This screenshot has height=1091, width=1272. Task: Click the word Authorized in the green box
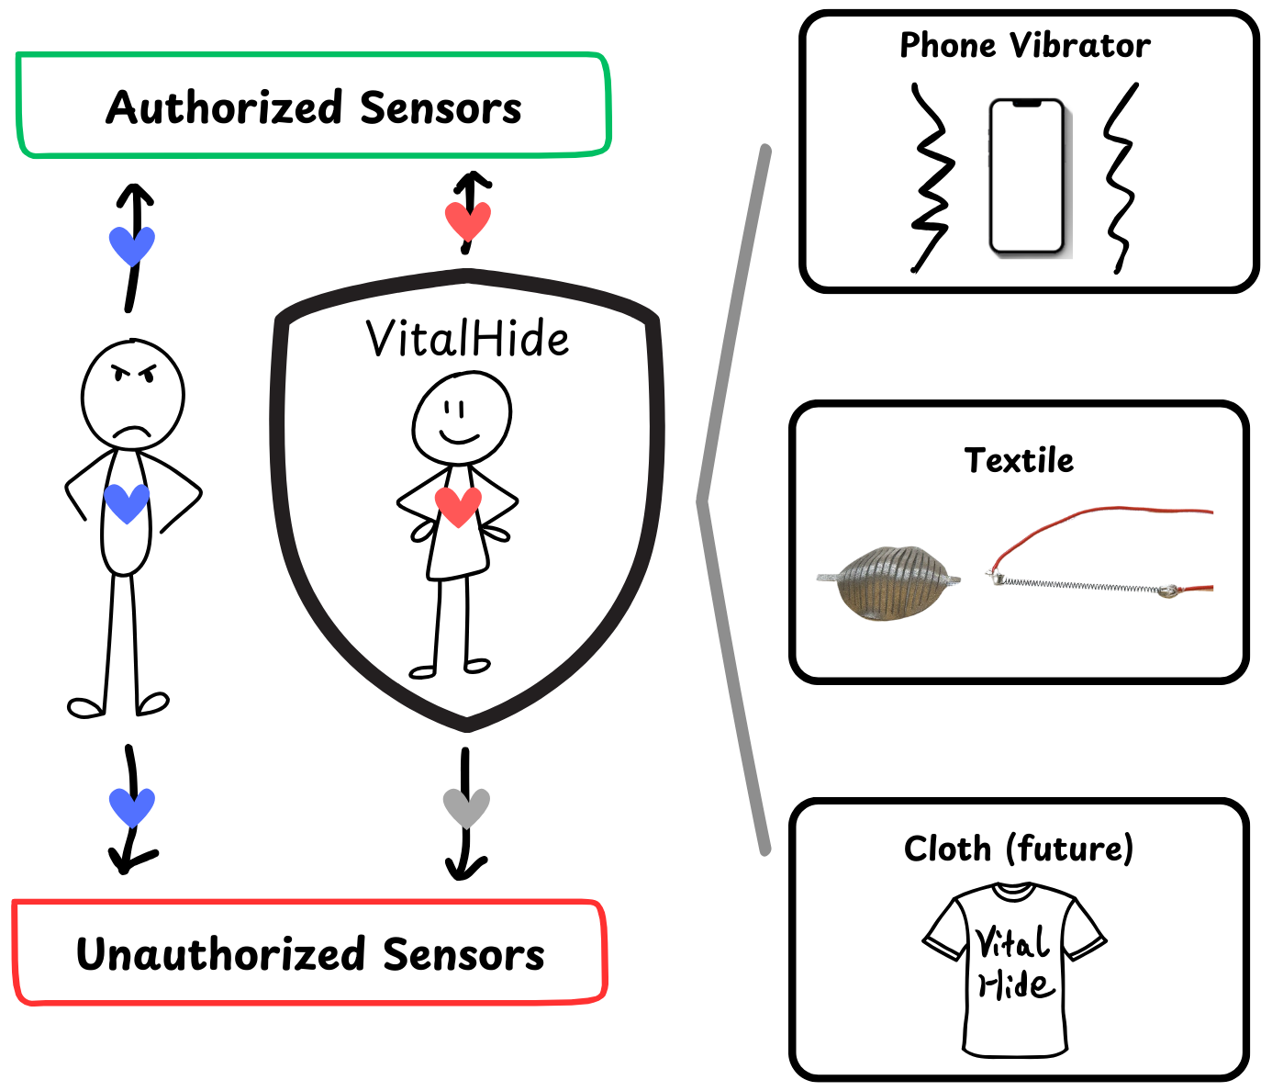coord(225,107)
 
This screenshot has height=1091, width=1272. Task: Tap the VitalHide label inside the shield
coord(467,339)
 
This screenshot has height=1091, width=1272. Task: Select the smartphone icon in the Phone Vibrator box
coord(1027,176)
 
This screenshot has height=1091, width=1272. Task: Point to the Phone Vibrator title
coord(1024,45)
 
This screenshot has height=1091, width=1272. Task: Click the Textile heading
coord(1019,460)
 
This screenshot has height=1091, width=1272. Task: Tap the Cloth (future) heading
coord(1019,848)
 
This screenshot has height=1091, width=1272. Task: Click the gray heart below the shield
coord(466,807)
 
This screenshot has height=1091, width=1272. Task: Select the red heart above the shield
coord(468,220)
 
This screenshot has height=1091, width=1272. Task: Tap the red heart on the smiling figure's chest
coord(457,505)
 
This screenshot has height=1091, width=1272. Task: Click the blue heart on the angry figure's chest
coord(127,501)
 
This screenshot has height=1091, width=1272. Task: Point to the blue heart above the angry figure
coord(132,244)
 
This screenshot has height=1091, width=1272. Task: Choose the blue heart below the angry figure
coord(132,806)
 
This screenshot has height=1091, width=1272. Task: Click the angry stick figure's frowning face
coord(133,395)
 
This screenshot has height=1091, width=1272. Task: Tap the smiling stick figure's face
coord(462,418)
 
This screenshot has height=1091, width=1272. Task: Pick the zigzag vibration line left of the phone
coord(932,179)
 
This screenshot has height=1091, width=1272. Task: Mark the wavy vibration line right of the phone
coord(1120,179)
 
